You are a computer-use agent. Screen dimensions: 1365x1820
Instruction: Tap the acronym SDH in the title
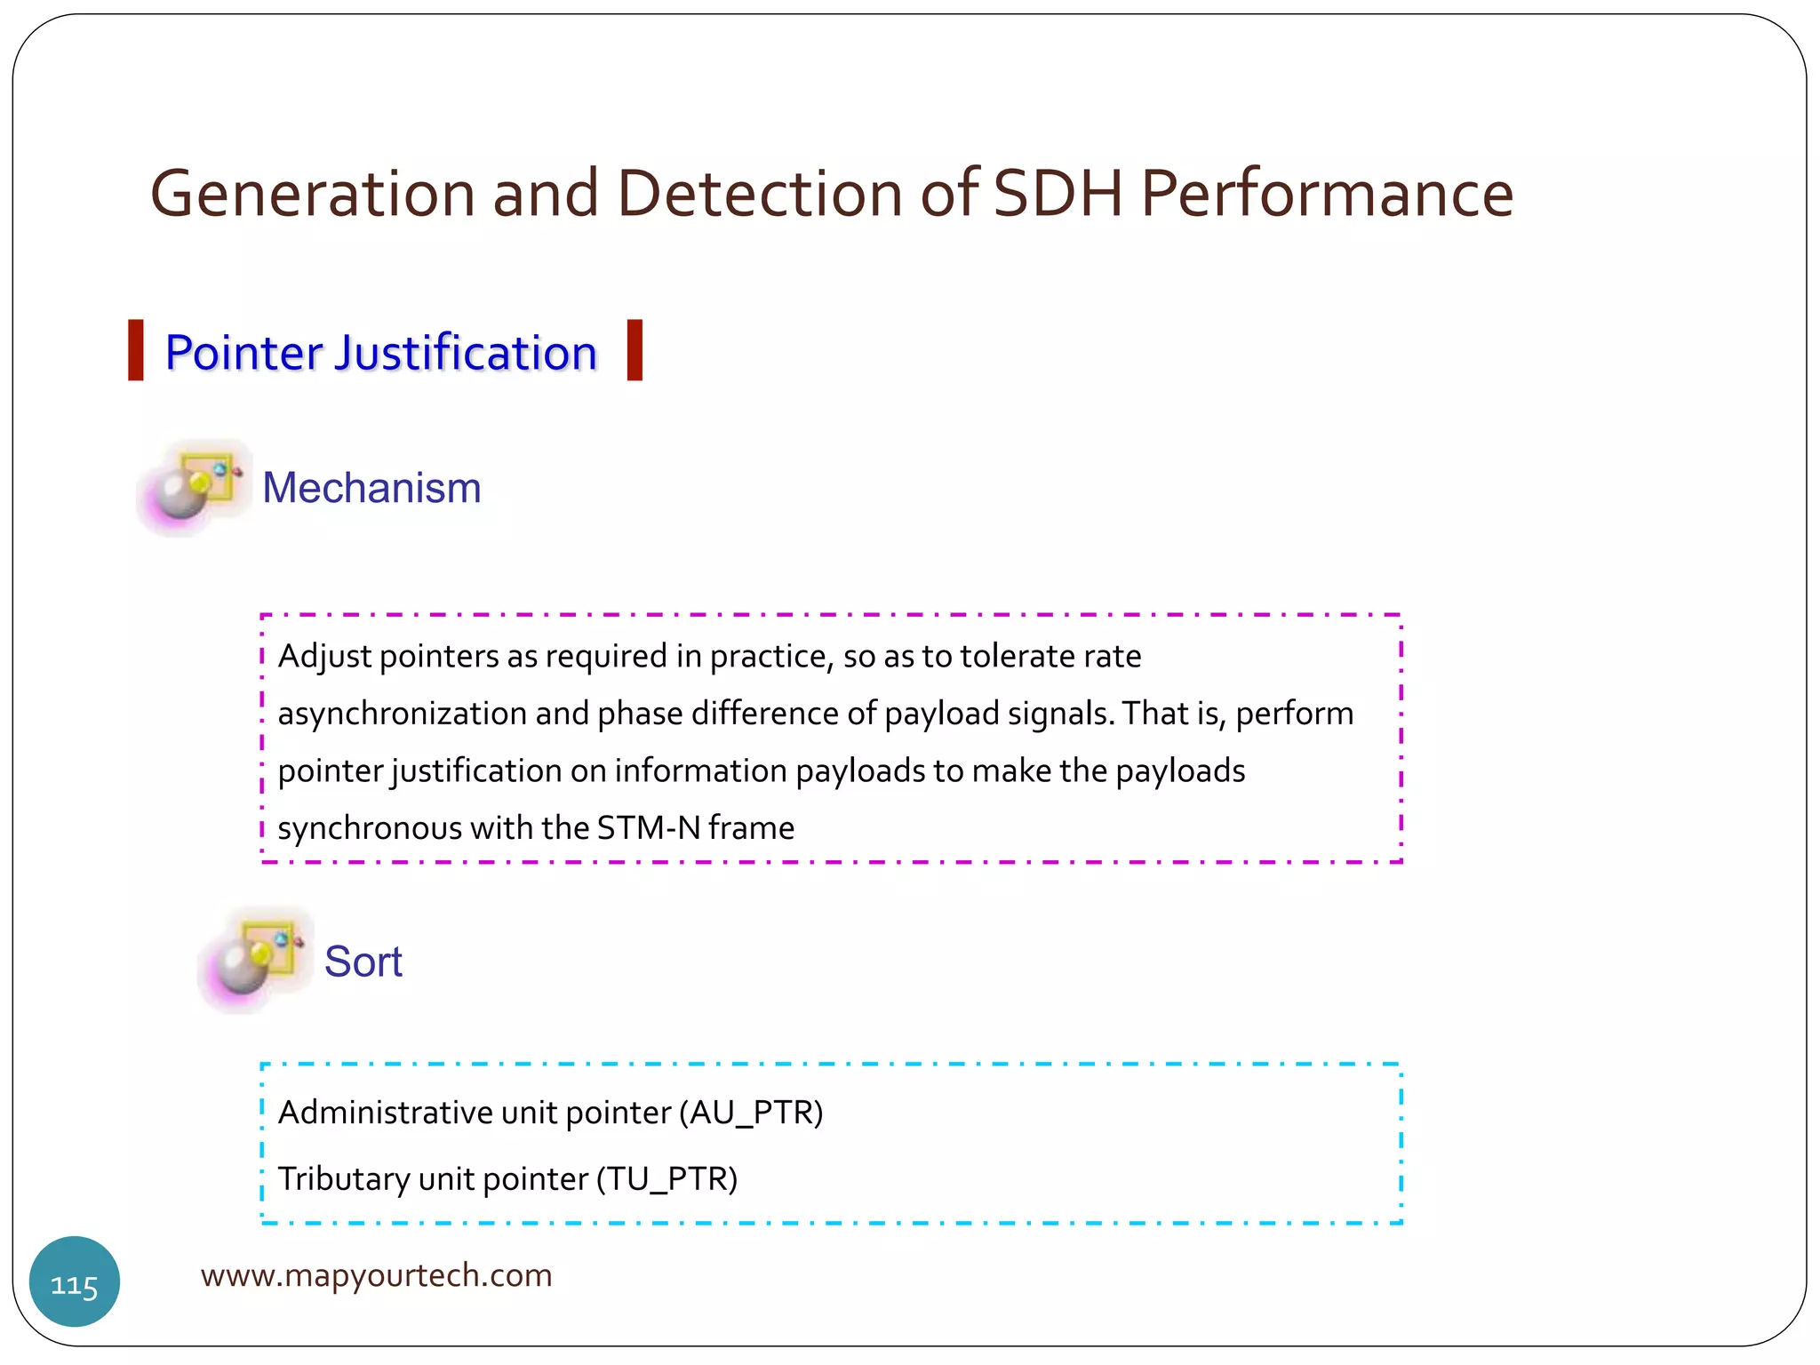click(1058, 194)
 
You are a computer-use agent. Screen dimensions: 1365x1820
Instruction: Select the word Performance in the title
click(1327, 194)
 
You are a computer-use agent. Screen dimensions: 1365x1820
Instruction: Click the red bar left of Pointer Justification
click(136, 350)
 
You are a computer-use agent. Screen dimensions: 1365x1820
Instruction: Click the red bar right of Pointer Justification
click(635, 350)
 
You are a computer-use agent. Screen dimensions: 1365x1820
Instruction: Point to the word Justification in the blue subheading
click(466, 354)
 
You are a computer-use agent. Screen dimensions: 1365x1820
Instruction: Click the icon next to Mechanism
click(195, 487)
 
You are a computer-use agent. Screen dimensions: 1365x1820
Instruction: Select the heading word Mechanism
click(371, 488)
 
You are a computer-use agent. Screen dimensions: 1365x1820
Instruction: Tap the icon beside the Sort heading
click(256, 961)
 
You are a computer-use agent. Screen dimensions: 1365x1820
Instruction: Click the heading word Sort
click(363, 962)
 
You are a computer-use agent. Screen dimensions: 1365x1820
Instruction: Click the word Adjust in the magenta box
click(324, 657)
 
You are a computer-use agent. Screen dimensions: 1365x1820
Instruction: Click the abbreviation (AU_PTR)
click(751, 1113)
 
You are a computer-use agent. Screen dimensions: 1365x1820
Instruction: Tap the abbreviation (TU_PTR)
click(667, 1179)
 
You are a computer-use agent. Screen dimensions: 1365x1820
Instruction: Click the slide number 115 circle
click(75, 1281)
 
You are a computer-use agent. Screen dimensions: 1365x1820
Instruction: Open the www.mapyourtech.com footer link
click(376, 1275)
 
